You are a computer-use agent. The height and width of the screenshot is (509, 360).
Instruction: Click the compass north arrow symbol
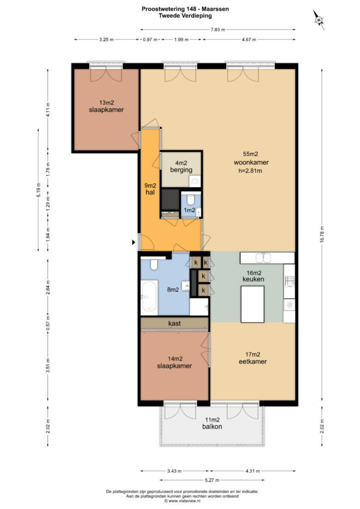(x=319, y=20)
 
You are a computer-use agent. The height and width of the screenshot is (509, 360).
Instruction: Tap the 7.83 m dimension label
(x=217, y=29)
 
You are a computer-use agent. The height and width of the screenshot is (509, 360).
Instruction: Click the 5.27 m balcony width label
(x=212, y=480)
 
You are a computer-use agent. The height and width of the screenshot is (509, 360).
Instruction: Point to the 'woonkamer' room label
(x=251, y=163)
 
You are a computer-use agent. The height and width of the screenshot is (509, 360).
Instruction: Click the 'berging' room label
(x=181, y=170)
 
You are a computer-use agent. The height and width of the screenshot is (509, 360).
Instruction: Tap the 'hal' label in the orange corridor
(x=150, y=192)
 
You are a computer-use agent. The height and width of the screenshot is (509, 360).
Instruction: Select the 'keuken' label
(x=253, y=279)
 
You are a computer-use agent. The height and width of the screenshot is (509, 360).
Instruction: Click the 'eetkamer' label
(x=253, y=361)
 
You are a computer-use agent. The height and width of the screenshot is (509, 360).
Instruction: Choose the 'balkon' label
(x=212, y=426)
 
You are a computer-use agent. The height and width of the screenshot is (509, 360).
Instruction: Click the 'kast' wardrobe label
(x=175, y=323)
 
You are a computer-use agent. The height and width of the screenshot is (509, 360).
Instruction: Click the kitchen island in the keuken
(x=252, y=304)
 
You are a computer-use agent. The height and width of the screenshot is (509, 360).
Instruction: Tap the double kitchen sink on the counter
(x=264, y=258)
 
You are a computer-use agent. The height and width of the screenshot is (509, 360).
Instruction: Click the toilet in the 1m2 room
(x=190, y=199)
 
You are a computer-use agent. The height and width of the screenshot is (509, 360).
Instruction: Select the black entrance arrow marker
(x=133, y=242)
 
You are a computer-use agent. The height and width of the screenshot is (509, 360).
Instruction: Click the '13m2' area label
(x=106, y=102)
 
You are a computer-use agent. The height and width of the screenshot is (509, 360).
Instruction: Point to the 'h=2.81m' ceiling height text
(x=250, y=170)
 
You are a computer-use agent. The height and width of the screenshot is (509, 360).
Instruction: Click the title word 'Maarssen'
(x=215, y=9)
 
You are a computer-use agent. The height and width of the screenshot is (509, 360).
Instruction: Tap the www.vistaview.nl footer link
(x=184, y=501)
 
